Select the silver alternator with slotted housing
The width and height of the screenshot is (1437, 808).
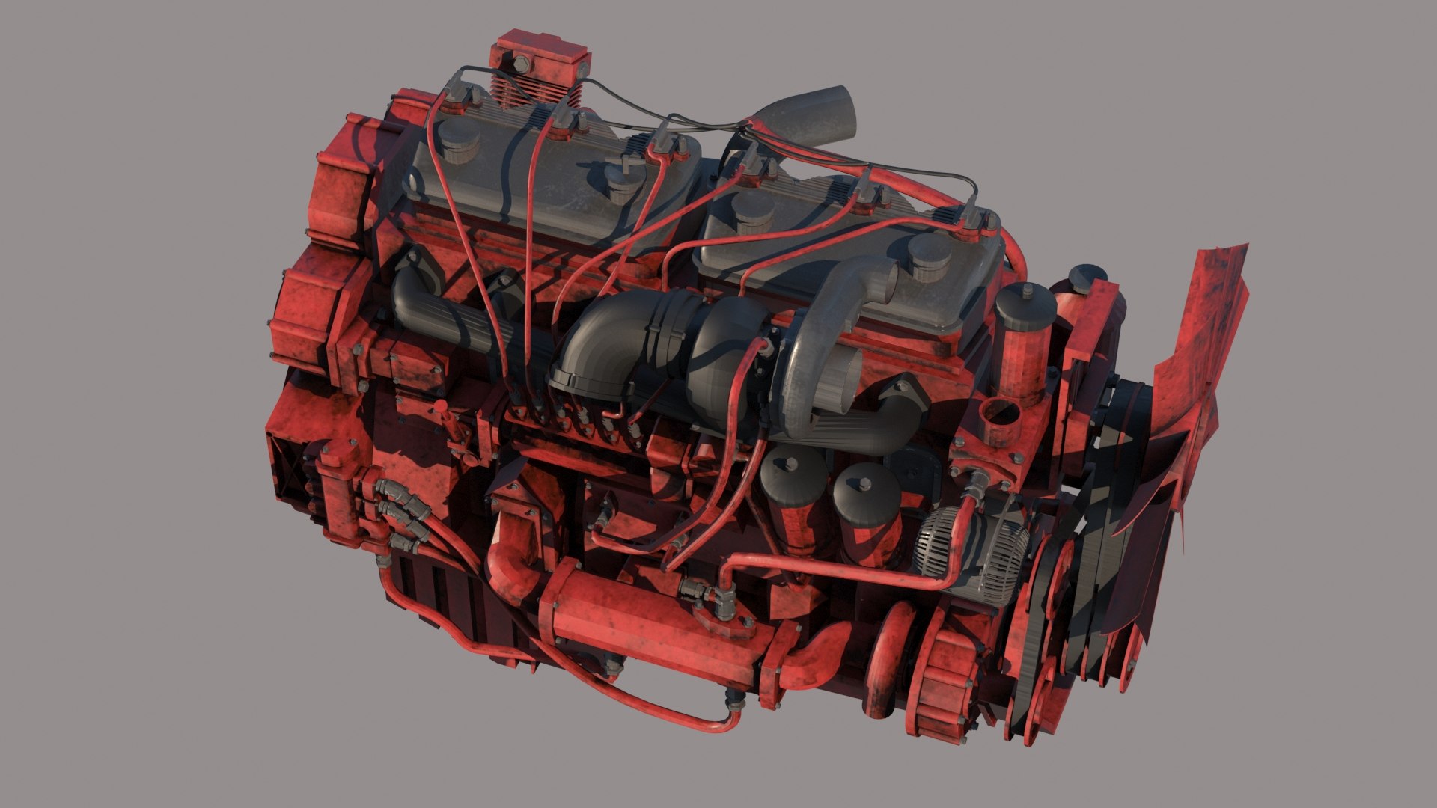973,550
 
